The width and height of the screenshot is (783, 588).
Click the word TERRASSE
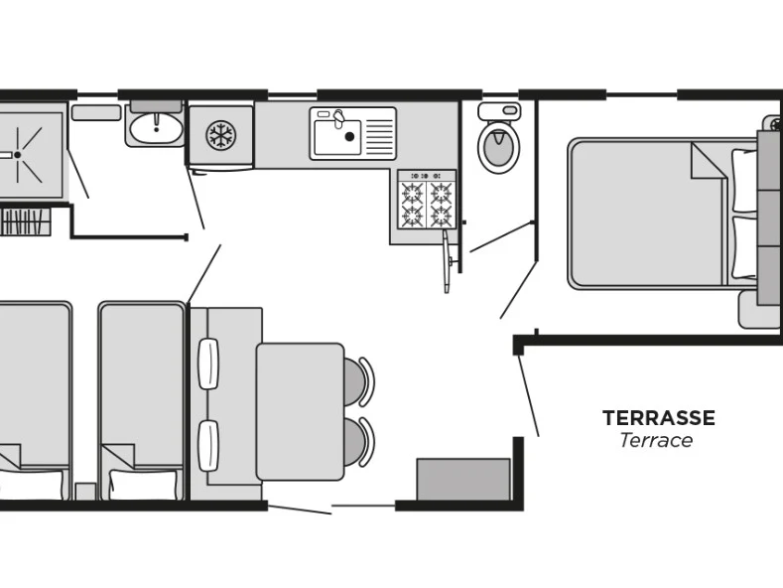(658, 418)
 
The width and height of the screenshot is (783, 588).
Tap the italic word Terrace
(656, 441)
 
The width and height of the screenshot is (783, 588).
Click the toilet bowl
(497, 149)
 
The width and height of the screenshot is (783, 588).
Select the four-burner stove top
(426, 204)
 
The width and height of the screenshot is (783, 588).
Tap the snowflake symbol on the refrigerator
(220, 134)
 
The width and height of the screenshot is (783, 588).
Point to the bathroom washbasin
(155, 127)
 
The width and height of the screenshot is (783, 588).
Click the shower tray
(30, 154)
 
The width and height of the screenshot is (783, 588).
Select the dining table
(300, 410)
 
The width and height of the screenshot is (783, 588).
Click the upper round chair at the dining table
(358, 381)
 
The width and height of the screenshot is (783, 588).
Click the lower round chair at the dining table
(358, 441)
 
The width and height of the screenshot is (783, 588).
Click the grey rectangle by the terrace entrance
(462, 480)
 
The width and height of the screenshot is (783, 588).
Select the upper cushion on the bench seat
(208, 364)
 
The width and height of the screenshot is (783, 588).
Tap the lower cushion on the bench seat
(208, 445)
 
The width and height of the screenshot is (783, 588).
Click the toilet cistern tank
(498, 110)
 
